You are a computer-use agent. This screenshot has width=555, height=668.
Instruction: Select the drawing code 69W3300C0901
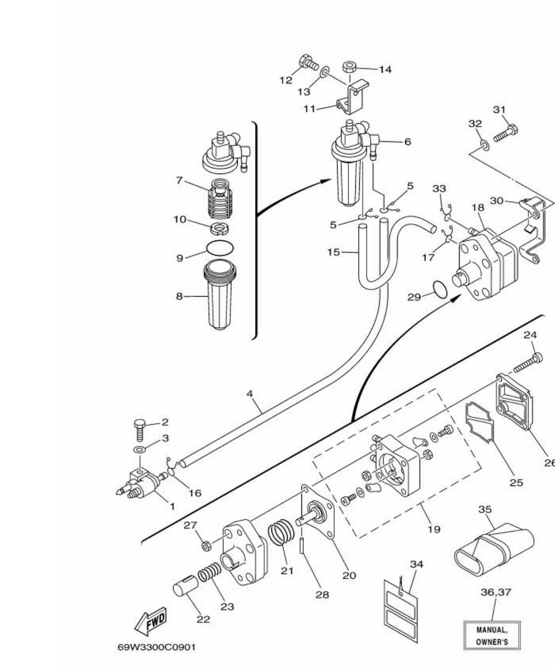(x=156, y=647)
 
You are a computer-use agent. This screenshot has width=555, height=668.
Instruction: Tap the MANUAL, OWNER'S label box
(x=492, y=635)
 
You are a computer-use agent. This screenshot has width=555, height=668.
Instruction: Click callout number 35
(x=485, y=509)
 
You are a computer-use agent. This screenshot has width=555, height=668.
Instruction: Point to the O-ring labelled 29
(x=439, y=289)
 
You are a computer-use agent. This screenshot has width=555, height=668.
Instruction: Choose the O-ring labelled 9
(x=220, y=247)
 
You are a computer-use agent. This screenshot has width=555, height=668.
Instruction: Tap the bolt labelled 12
(x=308, y=64)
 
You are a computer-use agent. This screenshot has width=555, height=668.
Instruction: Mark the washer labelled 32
(x=485, y=145)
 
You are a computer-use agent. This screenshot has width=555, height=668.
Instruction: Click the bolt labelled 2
(x=140, y=429)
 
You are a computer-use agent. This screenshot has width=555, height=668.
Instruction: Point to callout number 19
(x=433, y=530)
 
